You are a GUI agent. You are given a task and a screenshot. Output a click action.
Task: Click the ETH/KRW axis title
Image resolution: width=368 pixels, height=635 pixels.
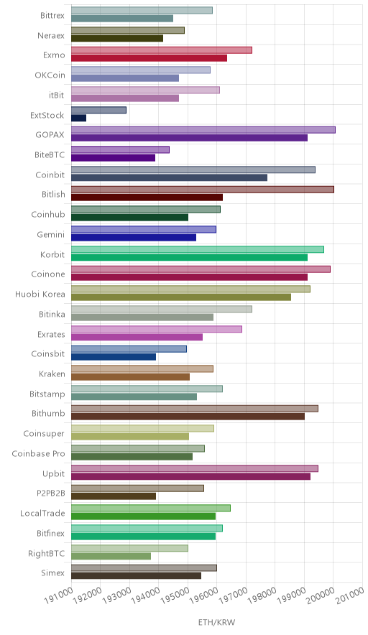coord(216,622)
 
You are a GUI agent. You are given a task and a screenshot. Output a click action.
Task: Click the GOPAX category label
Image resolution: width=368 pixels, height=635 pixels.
coord(50,135)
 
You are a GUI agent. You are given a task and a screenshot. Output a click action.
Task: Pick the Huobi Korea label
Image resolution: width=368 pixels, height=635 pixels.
coord(40,294)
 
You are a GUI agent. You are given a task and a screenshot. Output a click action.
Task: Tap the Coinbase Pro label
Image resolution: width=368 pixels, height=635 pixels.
coord(39,453)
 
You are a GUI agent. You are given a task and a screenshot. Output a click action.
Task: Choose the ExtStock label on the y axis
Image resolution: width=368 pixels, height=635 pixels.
coord(47,115)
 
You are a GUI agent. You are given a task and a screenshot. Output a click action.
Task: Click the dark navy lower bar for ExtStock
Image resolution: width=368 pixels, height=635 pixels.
coord(78,118)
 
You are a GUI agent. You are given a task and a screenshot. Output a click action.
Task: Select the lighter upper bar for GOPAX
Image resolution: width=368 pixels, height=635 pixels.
coord(203,130)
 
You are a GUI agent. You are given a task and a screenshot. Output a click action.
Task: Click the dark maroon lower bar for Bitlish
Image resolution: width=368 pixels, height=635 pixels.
coord(147,198)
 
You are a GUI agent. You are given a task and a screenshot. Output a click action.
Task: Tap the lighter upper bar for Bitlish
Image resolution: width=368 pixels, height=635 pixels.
coord(203,190)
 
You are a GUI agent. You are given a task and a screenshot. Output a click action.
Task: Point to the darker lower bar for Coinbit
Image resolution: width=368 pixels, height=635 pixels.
coord(170,177)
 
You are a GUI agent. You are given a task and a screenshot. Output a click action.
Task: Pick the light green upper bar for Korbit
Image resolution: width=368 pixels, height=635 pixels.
coord(198,249)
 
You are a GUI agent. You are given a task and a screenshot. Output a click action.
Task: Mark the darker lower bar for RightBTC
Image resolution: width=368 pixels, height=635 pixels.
coord(111,557)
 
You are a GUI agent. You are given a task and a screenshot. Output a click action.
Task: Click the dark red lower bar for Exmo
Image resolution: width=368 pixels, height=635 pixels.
coord(149,58)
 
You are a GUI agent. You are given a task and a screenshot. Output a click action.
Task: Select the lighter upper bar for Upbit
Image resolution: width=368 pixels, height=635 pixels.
coord(195,468)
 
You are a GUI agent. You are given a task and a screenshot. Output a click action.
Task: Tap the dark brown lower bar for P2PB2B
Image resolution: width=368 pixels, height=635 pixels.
coord(114,496)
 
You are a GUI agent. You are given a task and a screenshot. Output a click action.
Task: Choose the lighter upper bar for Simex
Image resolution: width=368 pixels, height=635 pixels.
coord(144,568)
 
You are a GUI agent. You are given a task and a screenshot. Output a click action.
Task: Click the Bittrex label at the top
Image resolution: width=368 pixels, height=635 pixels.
coord(52,16)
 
